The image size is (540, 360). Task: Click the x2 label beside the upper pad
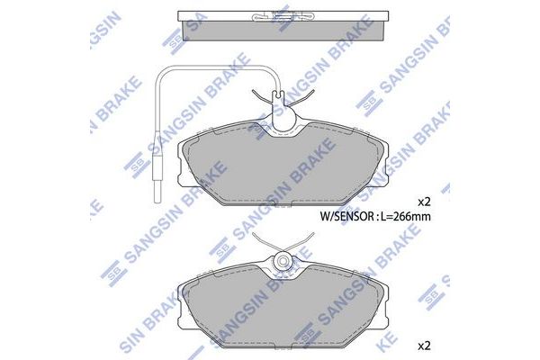(x=425, y=201)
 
